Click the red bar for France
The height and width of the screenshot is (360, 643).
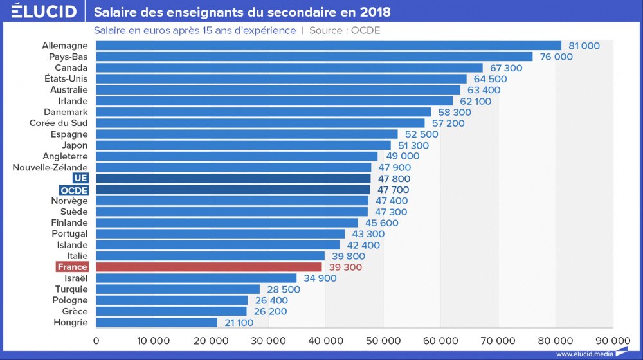click(209, 267)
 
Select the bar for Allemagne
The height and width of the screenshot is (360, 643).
click(329, 46)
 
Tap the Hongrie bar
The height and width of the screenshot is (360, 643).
click(157, 322)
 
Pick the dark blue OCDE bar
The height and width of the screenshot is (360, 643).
click(233, 190)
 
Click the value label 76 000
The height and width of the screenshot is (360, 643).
click(554, 57)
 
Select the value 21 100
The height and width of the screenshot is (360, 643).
click(239, 322)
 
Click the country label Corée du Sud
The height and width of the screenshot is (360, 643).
click(59, 123)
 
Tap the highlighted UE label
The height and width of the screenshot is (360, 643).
click(80, 178)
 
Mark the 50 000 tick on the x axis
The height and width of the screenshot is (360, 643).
click(383, 340)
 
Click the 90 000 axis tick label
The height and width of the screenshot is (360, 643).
click(611, 340)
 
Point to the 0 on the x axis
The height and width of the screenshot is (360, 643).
click(96, 340)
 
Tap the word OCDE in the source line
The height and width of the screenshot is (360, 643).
click(366, 30)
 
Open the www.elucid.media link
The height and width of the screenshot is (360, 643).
click(584, 354)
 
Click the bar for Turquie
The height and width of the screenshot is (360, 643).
click(178, 289)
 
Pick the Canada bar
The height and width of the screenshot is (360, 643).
click(289, 67)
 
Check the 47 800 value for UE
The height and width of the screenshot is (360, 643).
click(394, 179)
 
